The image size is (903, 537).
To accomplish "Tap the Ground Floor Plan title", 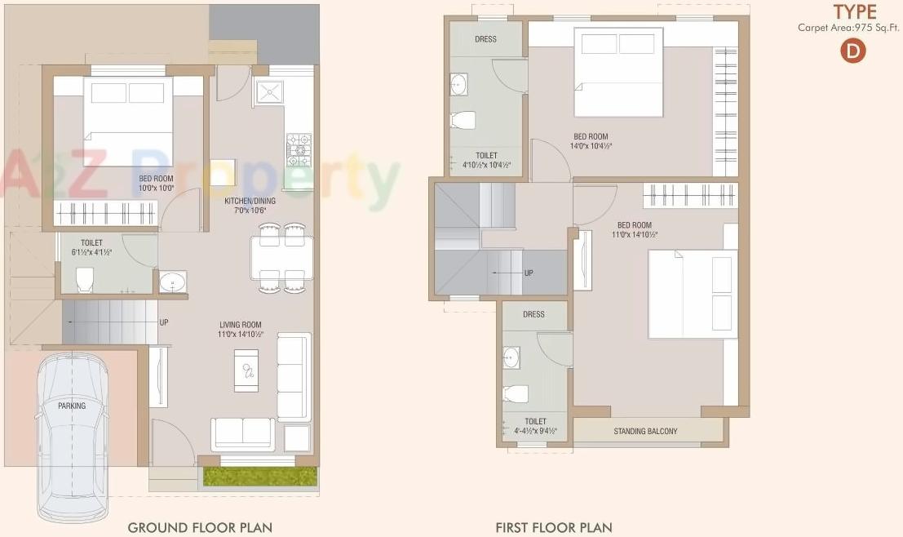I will pos(200,527).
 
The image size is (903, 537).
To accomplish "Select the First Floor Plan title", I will pos(554,527).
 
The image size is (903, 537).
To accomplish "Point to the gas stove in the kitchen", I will pos(299,149).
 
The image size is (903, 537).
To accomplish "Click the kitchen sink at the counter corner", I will pos(269,91).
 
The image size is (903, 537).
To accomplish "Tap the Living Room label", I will pos(240,325).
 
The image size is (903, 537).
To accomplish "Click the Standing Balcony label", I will pos(645,431).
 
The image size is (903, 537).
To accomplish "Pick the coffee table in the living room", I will pos(246,369).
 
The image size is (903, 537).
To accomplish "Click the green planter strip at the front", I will pos(259,477).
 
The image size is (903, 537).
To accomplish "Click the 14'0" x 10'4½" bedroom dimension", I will pos(591,146).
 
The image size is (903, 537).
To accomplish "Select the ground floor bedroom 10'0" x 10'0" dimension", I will pos(156,189).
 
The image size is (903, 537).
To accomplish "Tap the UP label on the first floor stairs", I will pos(529,273).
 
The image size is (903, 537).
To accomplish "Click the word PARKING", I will pos(72,405).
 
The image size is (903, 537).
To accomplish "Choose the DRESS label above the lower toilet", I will pos(533,314).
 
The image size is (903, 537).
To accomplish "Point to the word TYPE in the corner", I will pos(855,11).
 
